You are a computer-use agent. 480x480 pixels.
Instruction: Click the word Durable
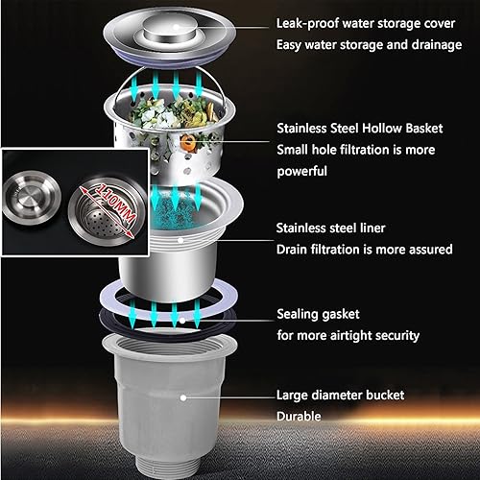coord(300,418)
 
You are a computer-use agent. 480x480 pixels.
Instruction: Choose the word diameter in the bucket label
coord(341,395)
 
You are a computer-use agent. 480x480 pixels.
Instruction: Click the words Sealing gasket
coord(321,313)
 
